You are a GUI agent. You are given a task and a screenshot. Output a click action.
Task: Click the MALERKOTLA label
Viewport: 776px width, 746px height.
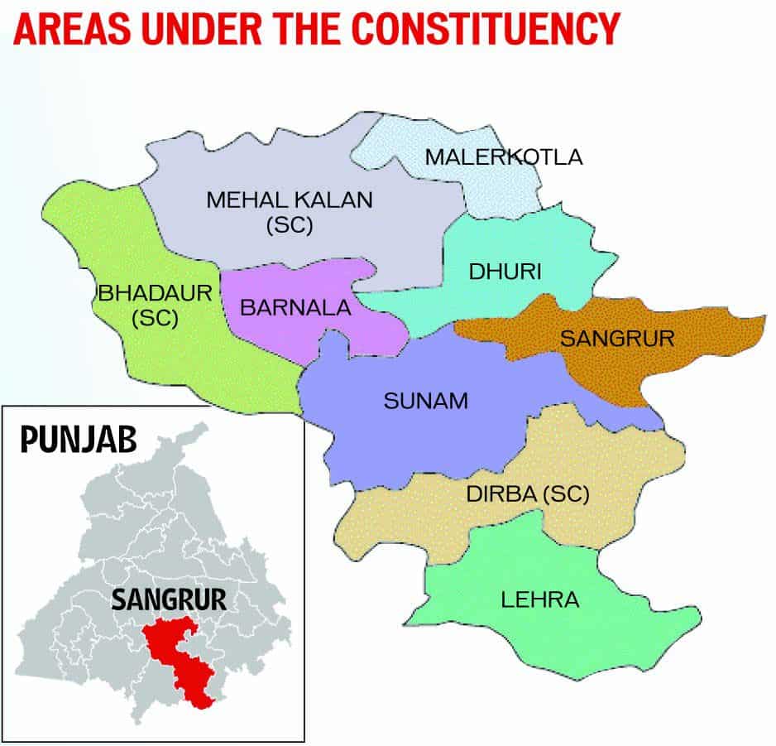(x=503, y=156)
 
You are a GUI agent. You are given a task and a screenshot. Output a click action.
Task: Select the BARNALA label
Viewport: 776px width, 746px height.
(x=295, y=308)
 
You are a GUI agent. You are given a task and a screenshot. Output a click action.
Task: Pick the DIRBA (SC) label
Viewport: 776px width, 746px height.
(x=527, y=494)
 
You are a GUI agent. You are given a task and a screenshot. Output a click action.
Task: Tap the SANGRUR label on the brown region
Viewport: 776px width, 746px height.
(x=617, y=339)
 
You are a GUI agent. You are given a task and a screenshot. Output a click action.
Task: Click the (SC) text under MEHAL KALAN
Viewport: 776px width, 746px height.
(x=290, y=224)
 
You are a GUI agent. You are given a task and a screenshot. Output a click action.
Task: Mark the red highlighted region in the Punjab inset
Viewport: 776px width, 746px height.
(x=177, y=654)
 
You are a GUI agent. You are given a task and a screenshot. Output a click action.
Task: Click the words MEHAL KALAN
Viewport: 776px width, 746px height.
(x=290, y=200)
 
